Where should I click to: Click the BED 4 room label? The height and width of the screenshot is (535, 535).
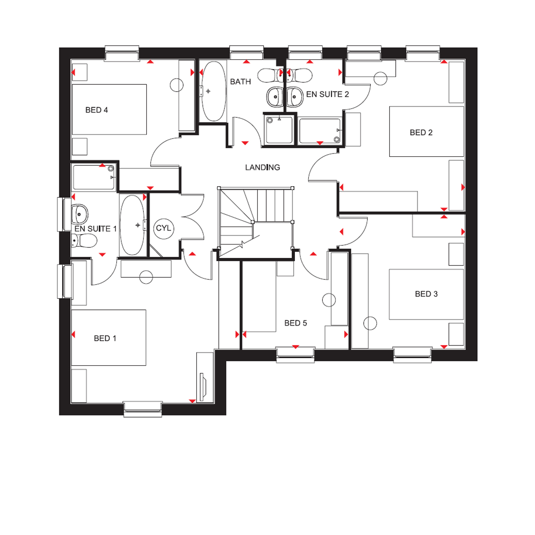(x=97, y=110)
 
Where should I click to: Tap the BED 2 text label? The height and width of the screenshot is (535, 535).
(x=421, y=133)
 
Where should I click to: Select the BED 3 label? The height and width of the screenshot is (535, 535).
(x=426, y=294)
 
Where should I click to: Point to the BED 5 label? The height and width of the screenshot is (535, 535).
(x=296, y=323)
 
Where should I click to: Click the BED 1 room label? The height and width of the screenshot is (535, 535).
(x=105, y=338)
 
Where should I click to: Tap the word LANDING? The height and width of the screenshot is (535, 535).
(x=263, y=168)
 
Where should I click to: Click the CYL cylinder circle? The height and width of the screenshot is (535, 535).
(x=164, y=228)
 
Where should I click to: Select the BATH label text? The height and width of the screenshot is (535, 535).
(x=240, y=82)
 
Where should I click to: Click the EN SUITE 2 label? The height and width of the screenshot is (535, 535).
(x=327, y=95)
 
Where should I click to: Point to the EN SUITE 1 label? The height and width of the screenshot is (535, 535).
(x=96, y=229)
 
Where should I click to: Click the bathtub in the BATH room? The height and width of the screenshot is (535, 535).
(x=214, y=91)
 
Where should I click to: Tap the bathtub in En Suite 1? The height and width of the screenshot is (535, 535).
(x=132, y=225)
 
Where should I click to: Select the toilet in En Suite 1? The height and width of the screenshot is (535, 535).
(x=84, y=241)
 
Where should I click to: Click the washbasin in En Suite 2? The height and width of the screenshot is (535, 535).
(x=295, y=97)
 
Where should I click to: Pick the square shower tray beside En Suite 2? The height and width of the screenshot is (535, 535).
(x=279, y=130)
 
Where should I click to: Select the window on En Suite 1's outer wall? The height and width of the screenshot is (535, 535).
(x=65, y=214)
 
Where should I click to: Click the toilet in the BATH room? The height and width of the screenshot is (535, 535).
(x=270, y=75)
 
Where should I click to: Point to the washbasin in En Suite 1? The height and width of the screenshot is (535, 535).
(x=80, y=214)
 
